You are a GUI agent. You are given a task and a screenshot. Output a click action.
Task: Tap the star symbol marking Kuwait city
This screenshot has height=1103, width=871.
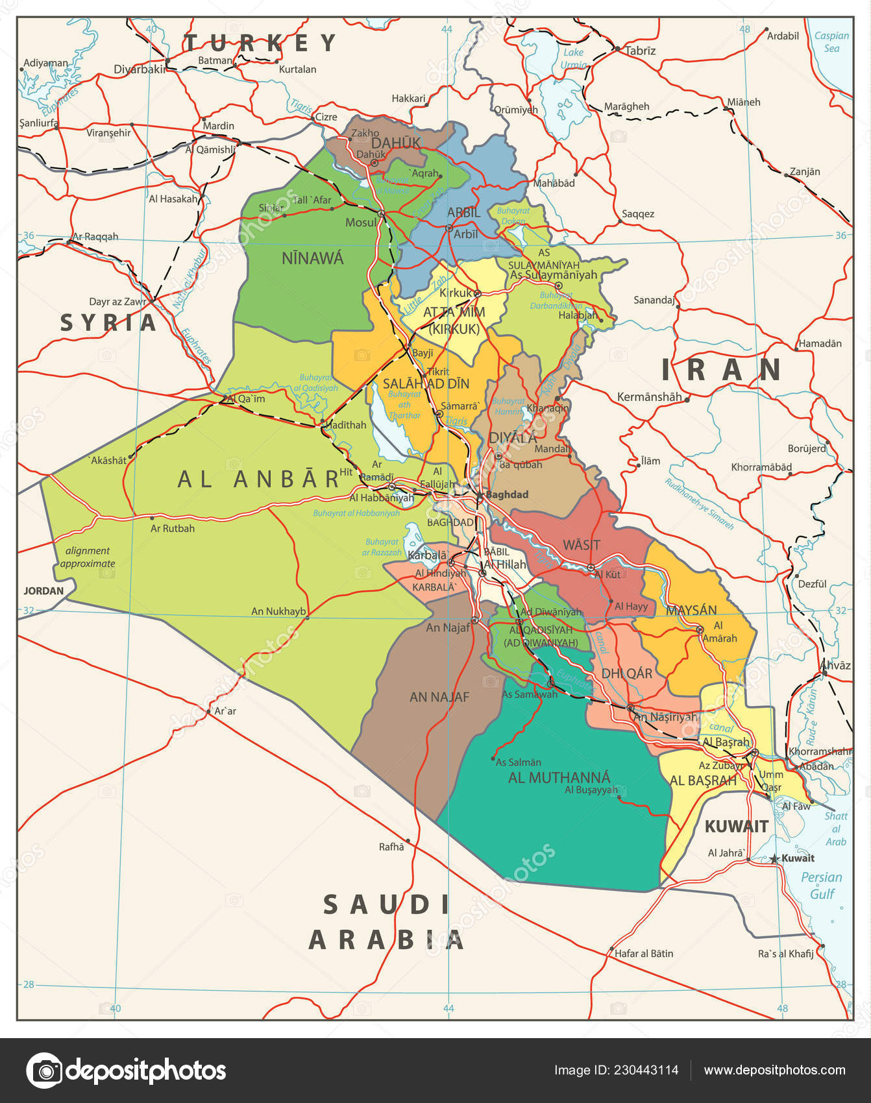[x=774, y=858]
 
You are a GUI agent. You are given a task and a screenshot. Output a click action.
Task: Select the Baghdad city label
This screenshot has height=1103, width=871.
[x=507, y=494]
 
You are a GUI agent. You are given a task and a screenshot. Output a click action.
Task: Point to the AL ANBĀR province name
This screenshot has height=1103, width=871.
[x=258, y=479]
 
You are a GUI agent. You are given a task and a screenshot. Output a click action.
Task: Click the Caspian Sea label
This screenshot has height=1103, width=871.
[x=831, y=42]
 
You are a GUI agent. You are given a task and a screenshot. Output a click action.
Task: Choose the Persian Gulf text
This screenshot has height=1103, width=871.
[x=821, y=885]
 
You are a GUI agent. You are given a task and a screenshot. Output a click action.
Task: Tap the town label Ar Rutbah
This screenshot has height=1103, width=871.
[x=173, y=528]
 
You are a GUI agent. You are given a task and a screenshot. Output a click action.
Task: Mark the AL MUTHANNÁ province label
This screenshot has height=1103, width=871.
[x=559, y=777]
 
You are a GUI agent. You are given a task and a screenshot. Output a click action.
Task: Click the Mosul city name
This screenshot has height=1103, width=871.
[x=361, y=223]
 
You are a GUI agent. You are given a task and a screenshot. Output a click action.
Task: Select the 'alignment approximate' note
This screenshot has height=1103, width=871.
[x=88, y=557]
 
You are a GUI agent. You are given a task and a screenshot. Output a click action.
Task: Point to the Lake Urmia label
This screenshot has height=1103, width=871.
[x=573, y=58]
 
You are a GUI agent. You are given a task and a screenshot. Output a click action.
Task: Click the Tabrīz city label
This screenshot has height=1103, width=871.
[x=640, y=51]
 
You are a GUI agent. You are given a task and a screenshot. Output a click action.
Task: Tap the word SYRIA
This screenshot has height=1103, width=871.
[x=108, y=322]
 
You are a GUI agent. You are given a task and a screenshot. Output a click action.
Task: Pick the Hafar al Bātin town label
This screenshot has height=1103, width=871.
[x=644, y=953]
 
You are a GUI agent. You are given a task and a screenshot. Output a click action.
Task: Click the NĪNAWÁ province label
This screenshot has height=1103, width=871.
[x=312, y=258]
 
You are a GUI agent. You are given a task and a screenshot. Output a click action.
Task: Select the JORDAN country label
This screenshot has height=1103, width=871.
[x=43, y=590]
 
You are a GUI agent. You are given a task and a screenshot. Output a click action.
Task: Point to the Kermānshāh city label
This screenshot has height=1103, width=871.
[x=649, y=396]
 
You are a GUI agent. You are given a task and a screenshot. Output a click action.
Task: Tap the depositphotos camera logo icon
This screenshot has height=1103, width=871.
[x=44, y=1070]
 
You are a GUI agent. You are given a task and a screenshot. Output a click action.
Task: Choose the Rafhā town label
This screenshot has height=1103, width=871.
[x=391, y=846]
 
